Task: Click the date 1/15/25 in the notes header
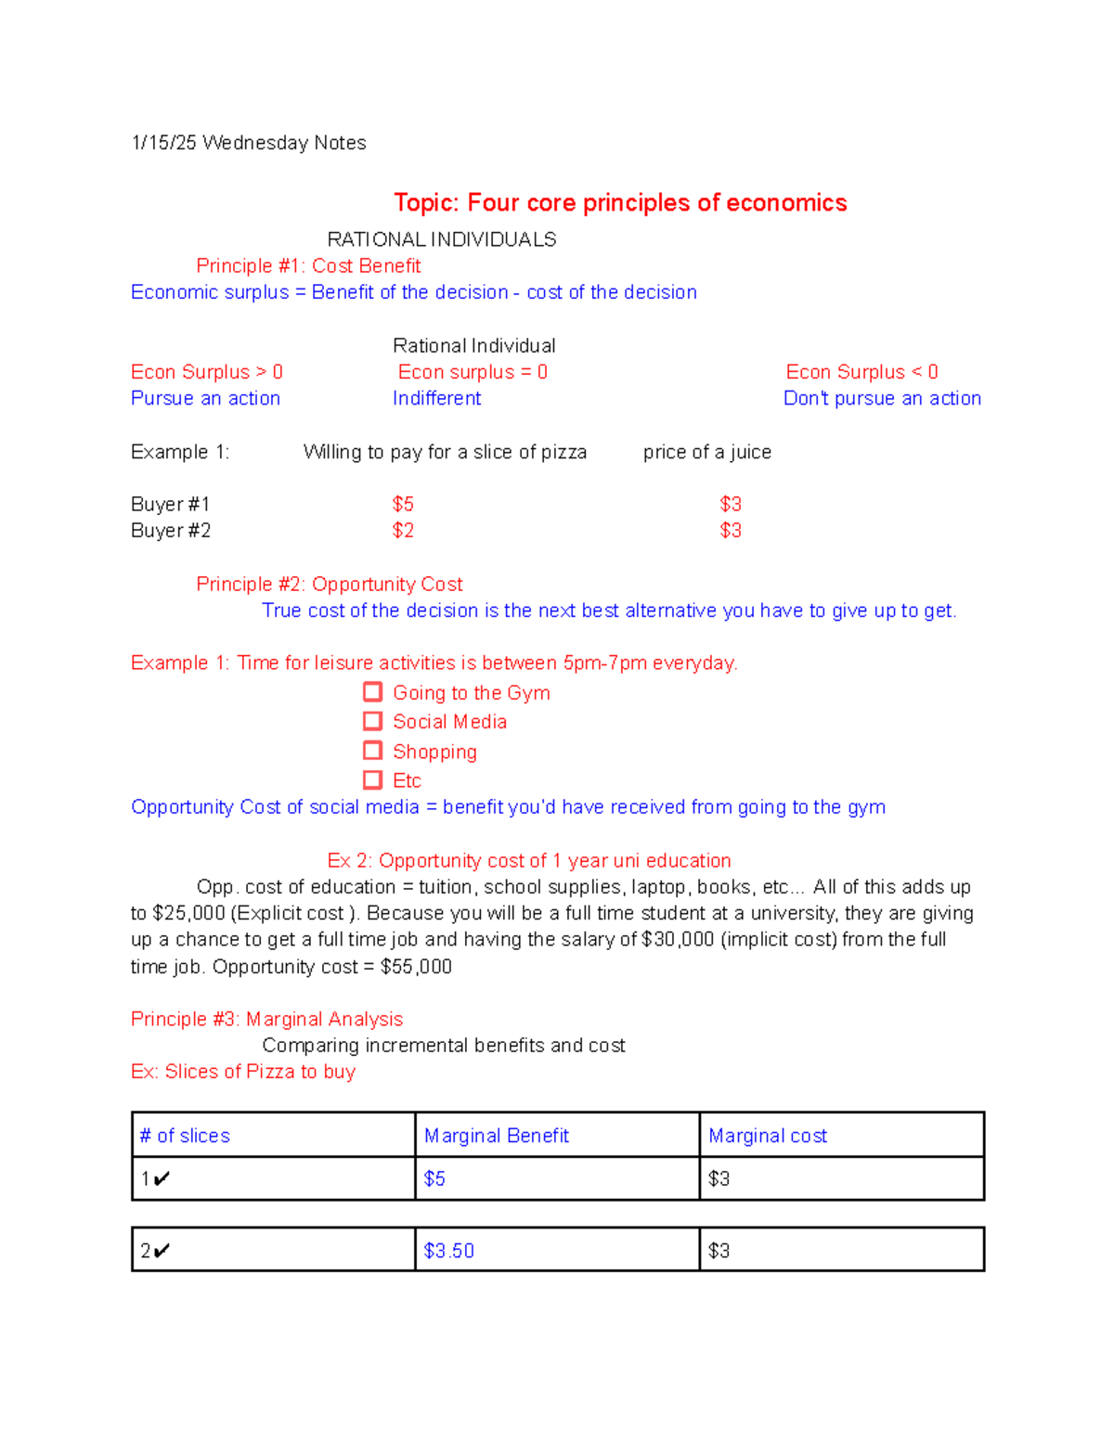pyautogui.click(x=163, y=143)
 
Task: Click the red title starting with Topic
pyautogui.click(x=619, y=202)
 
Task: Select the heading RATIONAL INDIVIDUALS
pyautogui.click(x=442, y=239)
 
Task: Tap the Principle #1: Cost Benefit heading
pyautogui.click(x=308, y=266)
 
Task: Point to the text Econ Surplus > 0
pyautogui.click(x=206, y=372)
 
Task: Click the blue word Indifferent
pyautogui.click(x=436, y=398)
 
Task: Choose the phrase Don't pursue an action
pyautogui.click(x=882, y=398)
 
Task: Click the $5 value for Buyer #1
pyautogui.click(x=403, y=504)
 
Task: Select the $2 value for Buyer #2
pyautogui.click(x=403, y=531)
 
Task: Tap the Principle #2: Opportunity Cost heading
pyautogui.click(x=329, y=585)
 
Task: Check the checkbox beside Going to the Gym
pyautogui.click(x=372, y=692)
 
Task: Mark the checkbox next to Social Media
pyautogui.click(x=372, y=721)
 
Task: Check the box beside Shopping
pyautogui.click(x=372, y=751)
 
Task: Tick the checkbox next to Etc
pyautogui.click(x=372, y=779)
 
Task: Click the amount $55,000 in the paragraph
pyautogui.click(x=416, y=967)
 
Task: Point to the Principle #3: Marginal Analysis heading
pyautogui.click(x=266, y=1019)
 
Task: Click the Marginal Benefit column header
pyautogui.click(x=496, y=1136)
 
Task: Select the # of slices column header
pyautogui.click(x=185, y=1136)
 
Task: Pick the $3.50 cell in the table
pyautogui.click(x=448, y=1251)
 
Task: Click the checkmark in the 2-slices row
pyautogui.click(x=162, y=1251)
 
